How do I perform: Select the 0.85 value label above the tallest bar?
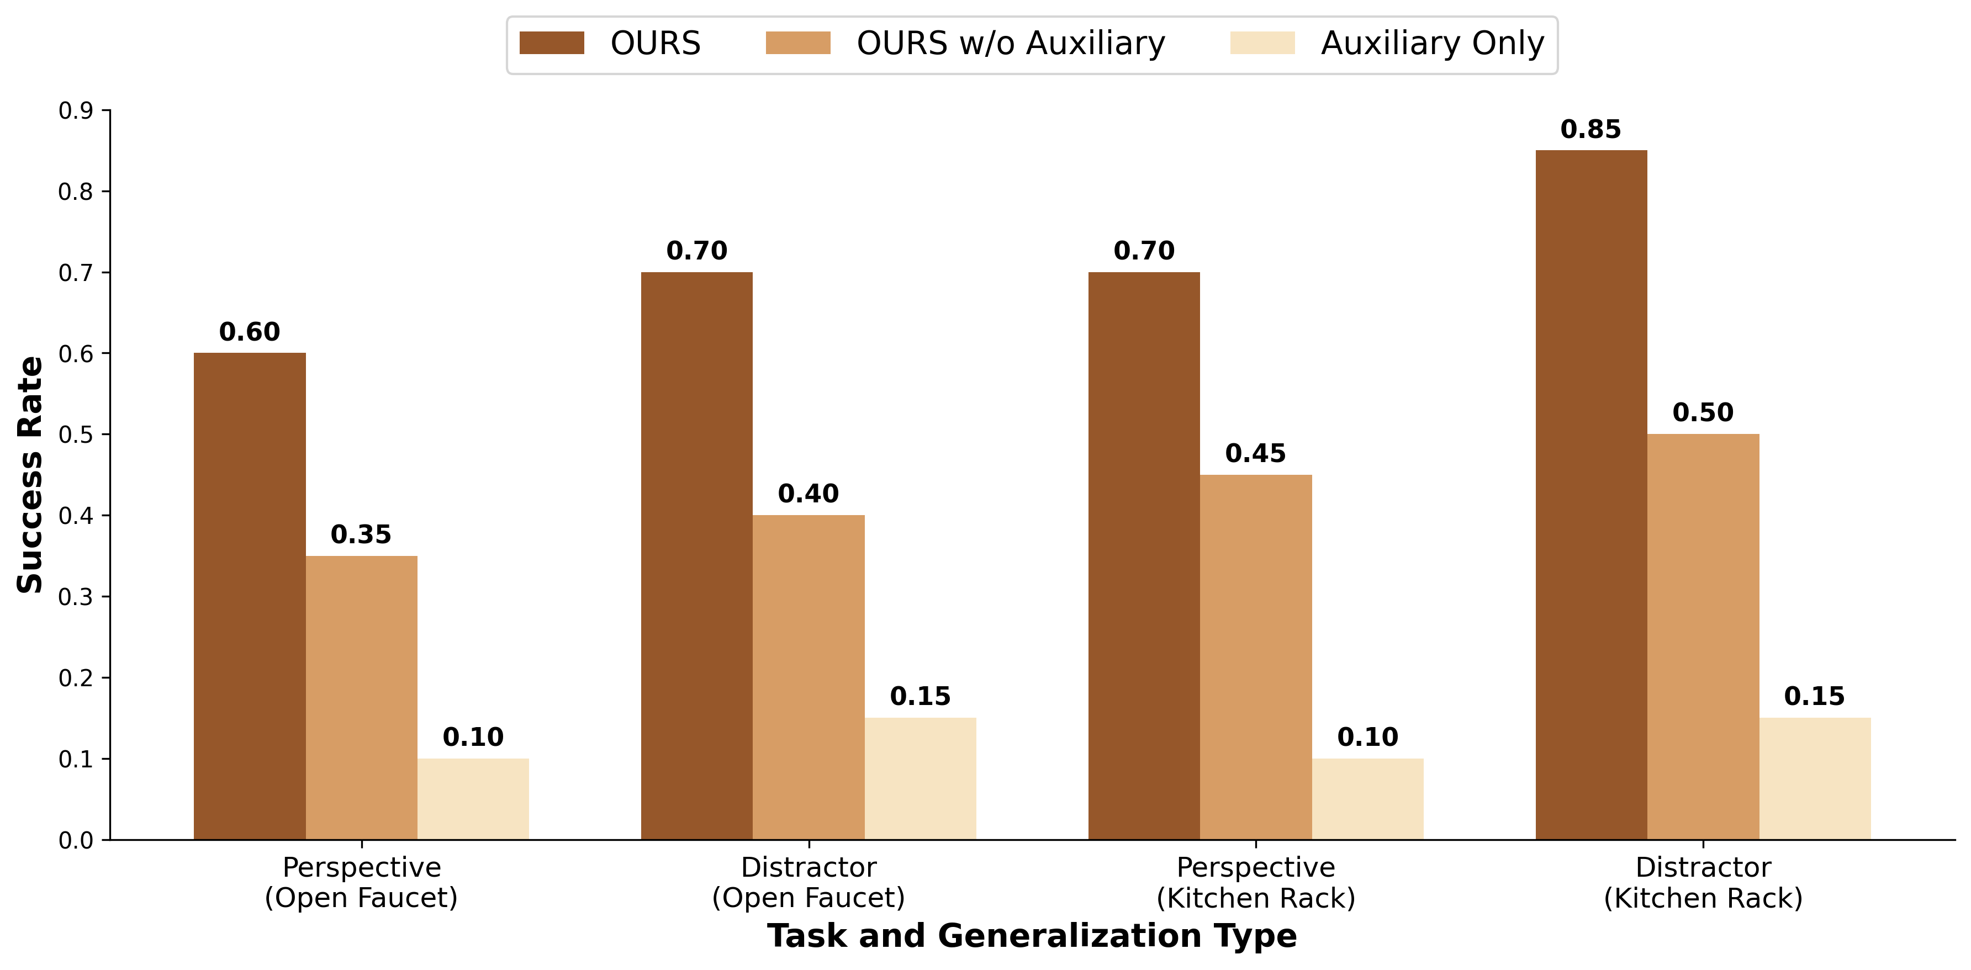pyautogui.click(x=1590, y=129)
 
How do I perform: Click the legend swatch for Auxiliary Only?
pyautogui.click(x=1262, y=43)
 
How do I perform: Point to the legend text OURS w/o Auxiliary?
pyautogui.click(x=1010, y=43)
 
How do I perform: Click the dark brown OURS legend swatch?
pyautogui.click(x=552, y=43)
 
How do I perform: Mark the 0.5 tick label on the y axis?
pyautogui.click(x=75, y=434)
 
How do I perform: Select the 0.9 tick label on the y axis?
pyautogui.click(x=75, y=111)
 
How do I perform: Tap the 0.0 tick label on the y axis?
pyautogui.click(x=75, y=840)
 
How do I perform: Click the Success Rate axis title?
pyautogui.click(x=30, y=474)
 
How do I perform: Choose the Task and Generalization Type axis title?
pyautogui.click(x=1032, y=936)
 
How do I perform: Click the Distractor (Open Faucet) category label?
pyautogui.click(x=808, y=882)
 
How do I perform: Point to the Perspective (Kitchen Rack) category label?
pyautogui.click(x=1256, y=882)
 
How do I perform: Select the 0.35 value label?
pyautogui.click(x=361, y=534)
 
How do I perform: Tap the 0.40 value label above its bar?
pyautogui.click(x=808, y=494)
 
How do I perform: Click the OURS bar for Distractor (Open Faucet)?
pyautogui.click(x=696, y=555)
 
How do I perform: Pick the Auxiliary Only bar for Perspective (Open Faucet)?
pyautogui.click(x=473, y=799)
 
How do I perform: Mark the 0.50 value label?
pyautogui.click(x=1703, y=412)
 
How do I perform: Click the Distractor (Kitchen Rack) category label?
pyautogui.click(x=1703, y=882)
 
